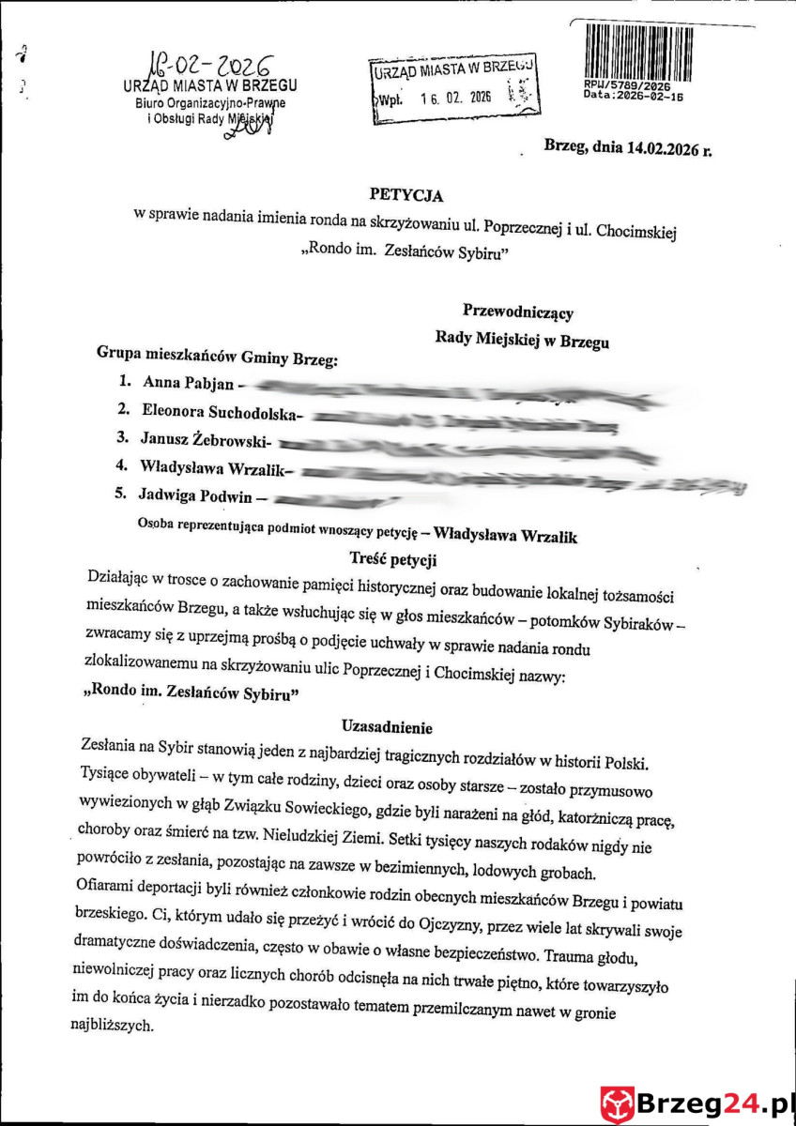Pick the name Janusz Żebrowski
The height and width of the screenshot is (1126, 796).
(x=206, y=437)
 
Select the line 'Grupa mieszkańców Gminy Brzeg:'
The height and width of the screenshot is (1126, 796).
(x=217, y=355)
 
